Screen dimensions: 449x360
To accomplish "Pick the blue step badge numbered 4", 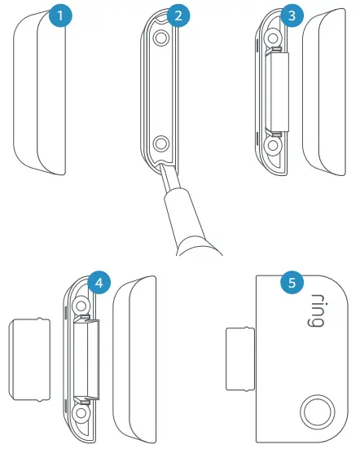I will [x=99, y=283].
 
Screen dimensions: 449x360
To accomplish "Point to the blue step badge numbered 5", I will [x=289, y=283].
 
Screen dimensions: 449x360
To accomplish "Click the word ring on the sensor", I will [x=312, y=311].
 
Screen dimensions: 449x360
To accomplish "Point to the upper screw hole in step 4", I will [x=81, y=304].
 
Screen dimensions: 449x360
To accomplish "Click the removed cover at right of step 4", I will [x=134, y=359].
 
